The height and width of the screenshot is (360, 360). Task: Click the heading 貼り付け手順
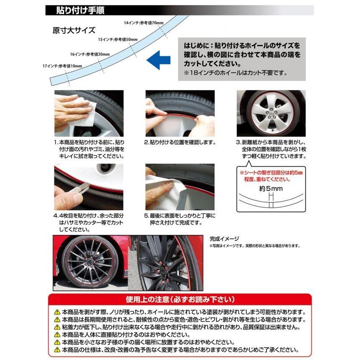(x=80, y=10)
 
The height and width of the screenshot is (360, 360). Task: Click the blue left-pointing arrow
(x=158, y=60)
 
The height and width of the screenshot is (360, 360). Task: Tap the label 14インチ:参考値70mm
(x=144, y=23)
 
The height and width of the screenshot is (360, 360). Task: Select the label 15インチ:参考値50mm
(x=118, y=39)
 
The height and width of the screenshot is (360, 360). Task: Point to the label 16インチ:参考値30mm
(x=90, y=54)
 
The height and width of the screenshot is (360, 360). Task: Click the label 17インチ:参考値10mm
(x=62, y=66)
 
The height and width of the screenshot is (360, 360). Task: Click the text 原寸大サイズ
(x=74, y=30)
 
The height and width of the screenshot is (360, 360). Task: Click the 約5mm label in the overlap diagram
(x=271, y=189)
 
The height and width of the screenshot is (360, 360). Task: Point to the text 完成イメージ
(x=224, y=239)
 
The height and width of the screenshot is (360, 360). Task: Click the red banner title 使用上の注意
(x=180, y=299)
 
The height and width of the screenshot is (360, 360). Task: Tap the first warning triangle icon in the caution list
(x=57, y=312)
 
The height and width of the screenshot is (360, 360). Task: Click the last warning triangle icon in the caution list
(x=57, y=350)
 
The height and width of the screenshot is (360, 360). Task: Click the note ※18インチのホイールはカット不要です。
(x=236, y=73)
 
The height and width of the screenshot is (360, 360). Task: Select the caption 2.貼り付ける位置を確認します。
(x=180, y=142)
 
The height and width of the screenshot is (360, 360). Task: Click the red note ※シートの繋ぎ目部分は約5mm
(x=271, y=172)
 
